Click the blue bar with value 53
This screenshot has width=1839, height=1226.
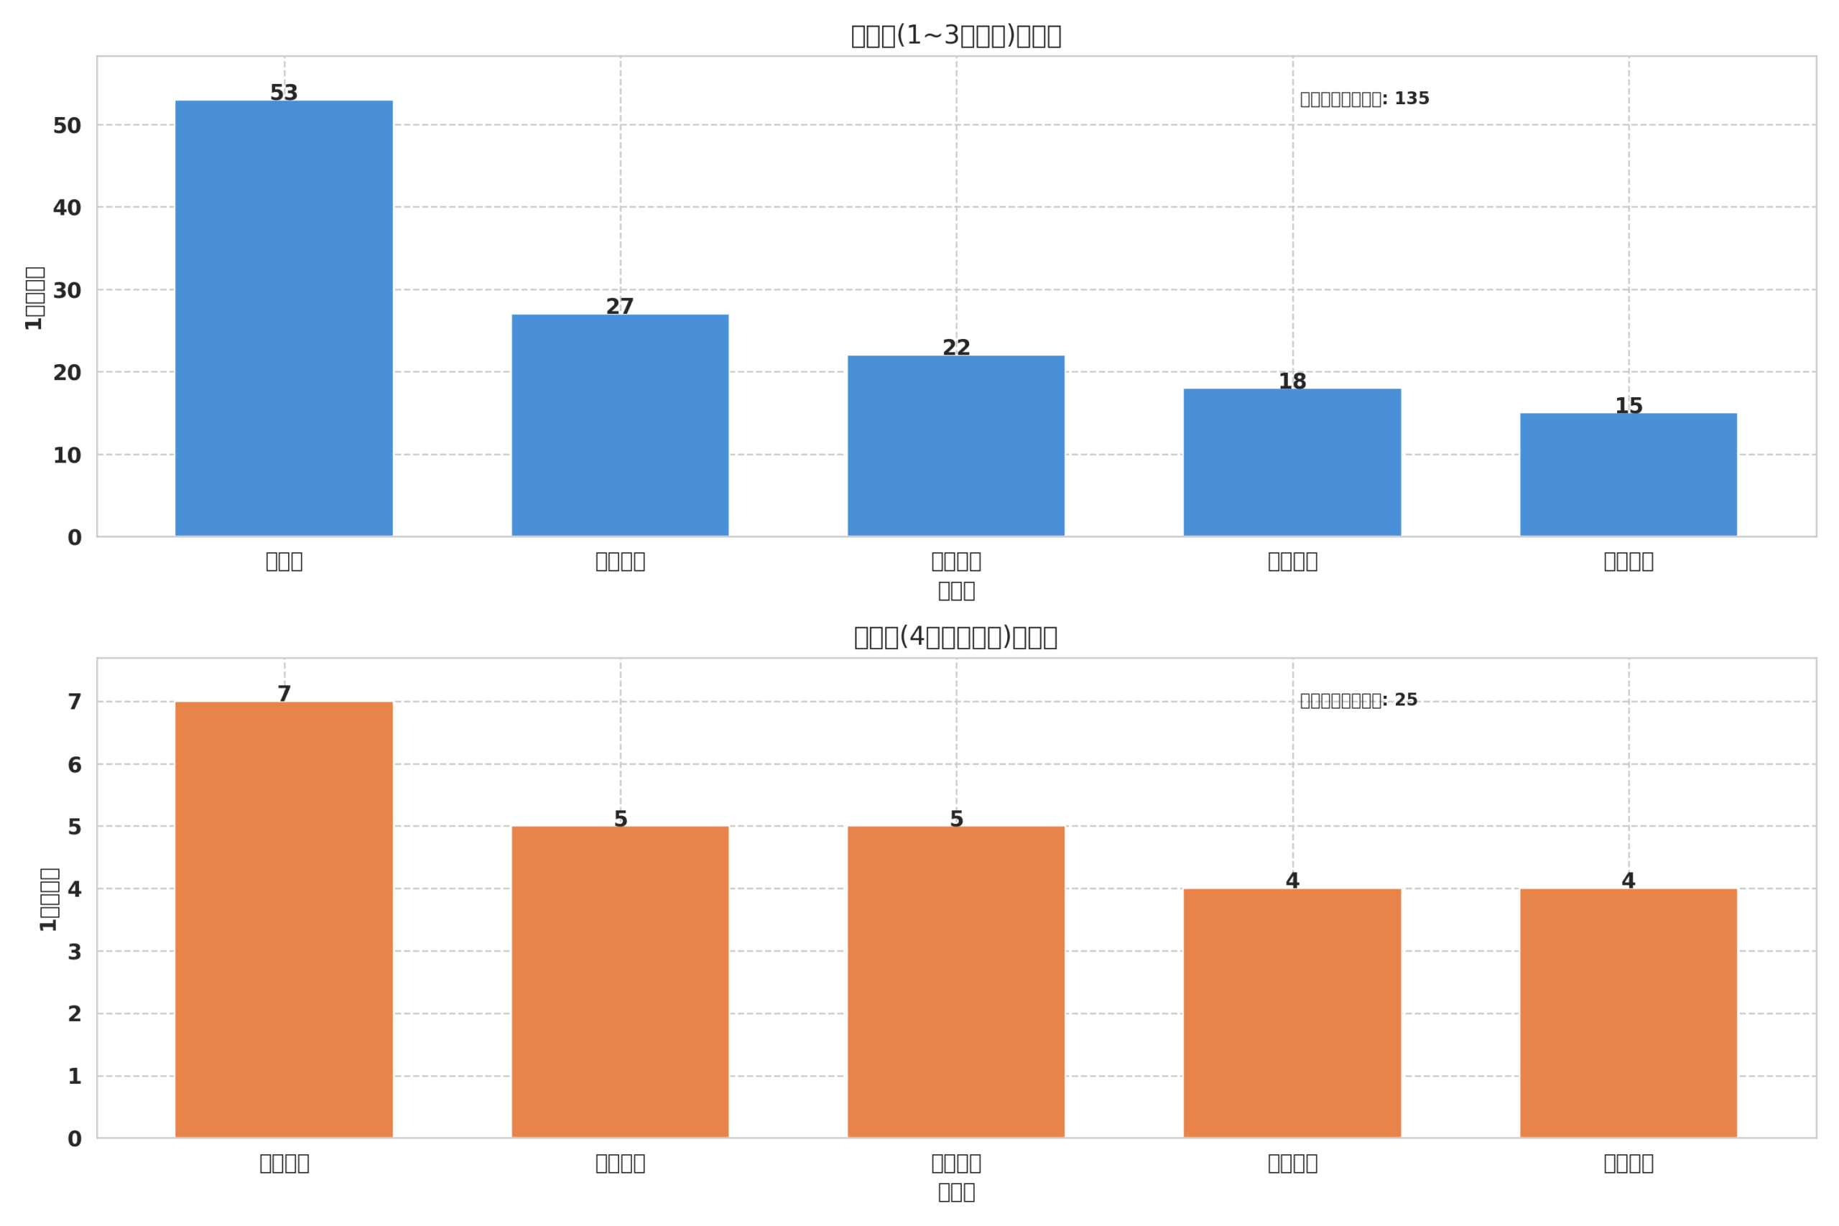[x=284, y=318]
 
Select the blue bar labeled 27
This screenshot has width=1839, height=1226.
[x=620, y=425]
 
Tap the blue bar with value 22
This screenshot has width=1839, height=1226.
[x=955, y=446]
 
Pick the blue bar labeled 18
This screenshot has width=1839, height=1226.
[x=1292, y=462]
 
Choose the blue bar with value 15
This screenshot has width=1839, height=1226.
[x=1628, y=475]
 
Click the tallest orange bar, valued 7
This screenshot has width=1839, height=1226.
[x=284, y=919]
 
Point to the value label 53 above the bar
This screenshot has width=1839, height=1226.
[x=284, y=93]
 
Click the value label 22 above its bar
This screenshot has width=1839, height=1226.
[x=955, y=348]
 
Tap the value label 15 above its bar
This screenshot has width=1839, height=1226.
[x=1628, y=406]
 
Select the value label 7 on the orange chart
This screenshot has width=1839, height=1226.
[x=284, y=695]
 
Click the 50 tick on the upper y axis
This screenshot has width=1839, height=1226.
[x=68, y=126]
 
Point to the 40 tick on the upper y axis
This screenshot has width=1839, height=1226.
[x=68, y=208]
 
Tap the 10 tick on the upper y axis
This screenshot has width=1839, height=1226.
[x=68, y=456]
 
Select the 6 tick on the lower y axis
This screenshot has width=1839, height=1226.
[x=74, y=766]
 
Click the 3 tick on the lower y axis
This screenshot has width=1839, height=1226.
[x=74, y=952]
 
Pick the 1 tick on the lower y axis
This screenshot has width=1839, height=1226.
[x=74, y=1077]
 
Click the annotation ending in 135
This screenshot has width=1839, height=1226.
[x=1364, y=99]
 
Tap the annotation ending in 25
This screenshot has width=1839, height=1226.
[x=1358, y=700]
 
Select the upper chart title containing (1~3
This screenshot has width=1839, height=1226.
[x=955, y=36]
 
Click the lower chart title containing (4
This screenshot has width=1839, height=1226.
[x=955, y=637]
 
